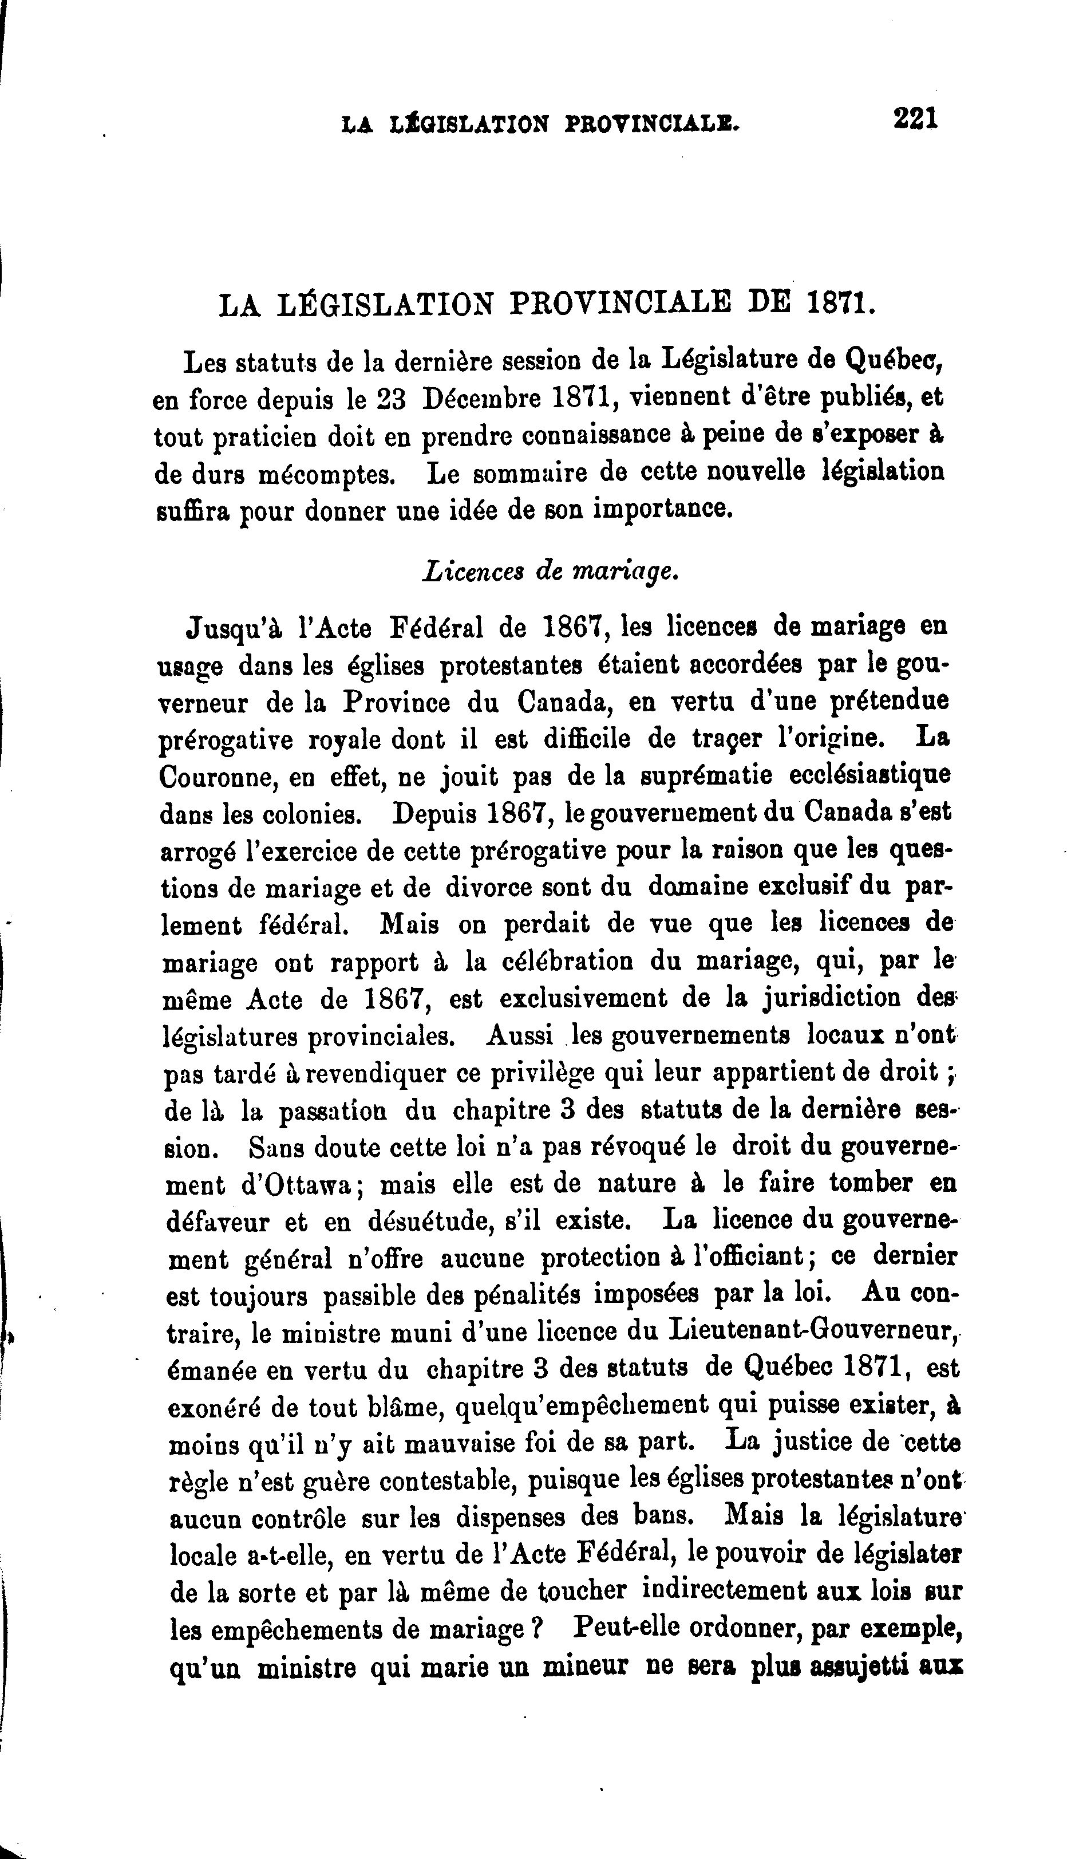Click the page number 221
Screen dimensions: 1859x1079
click(x=915, y=118)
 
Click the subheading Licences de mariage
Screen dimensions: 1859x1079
click(x=550, y=572)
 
